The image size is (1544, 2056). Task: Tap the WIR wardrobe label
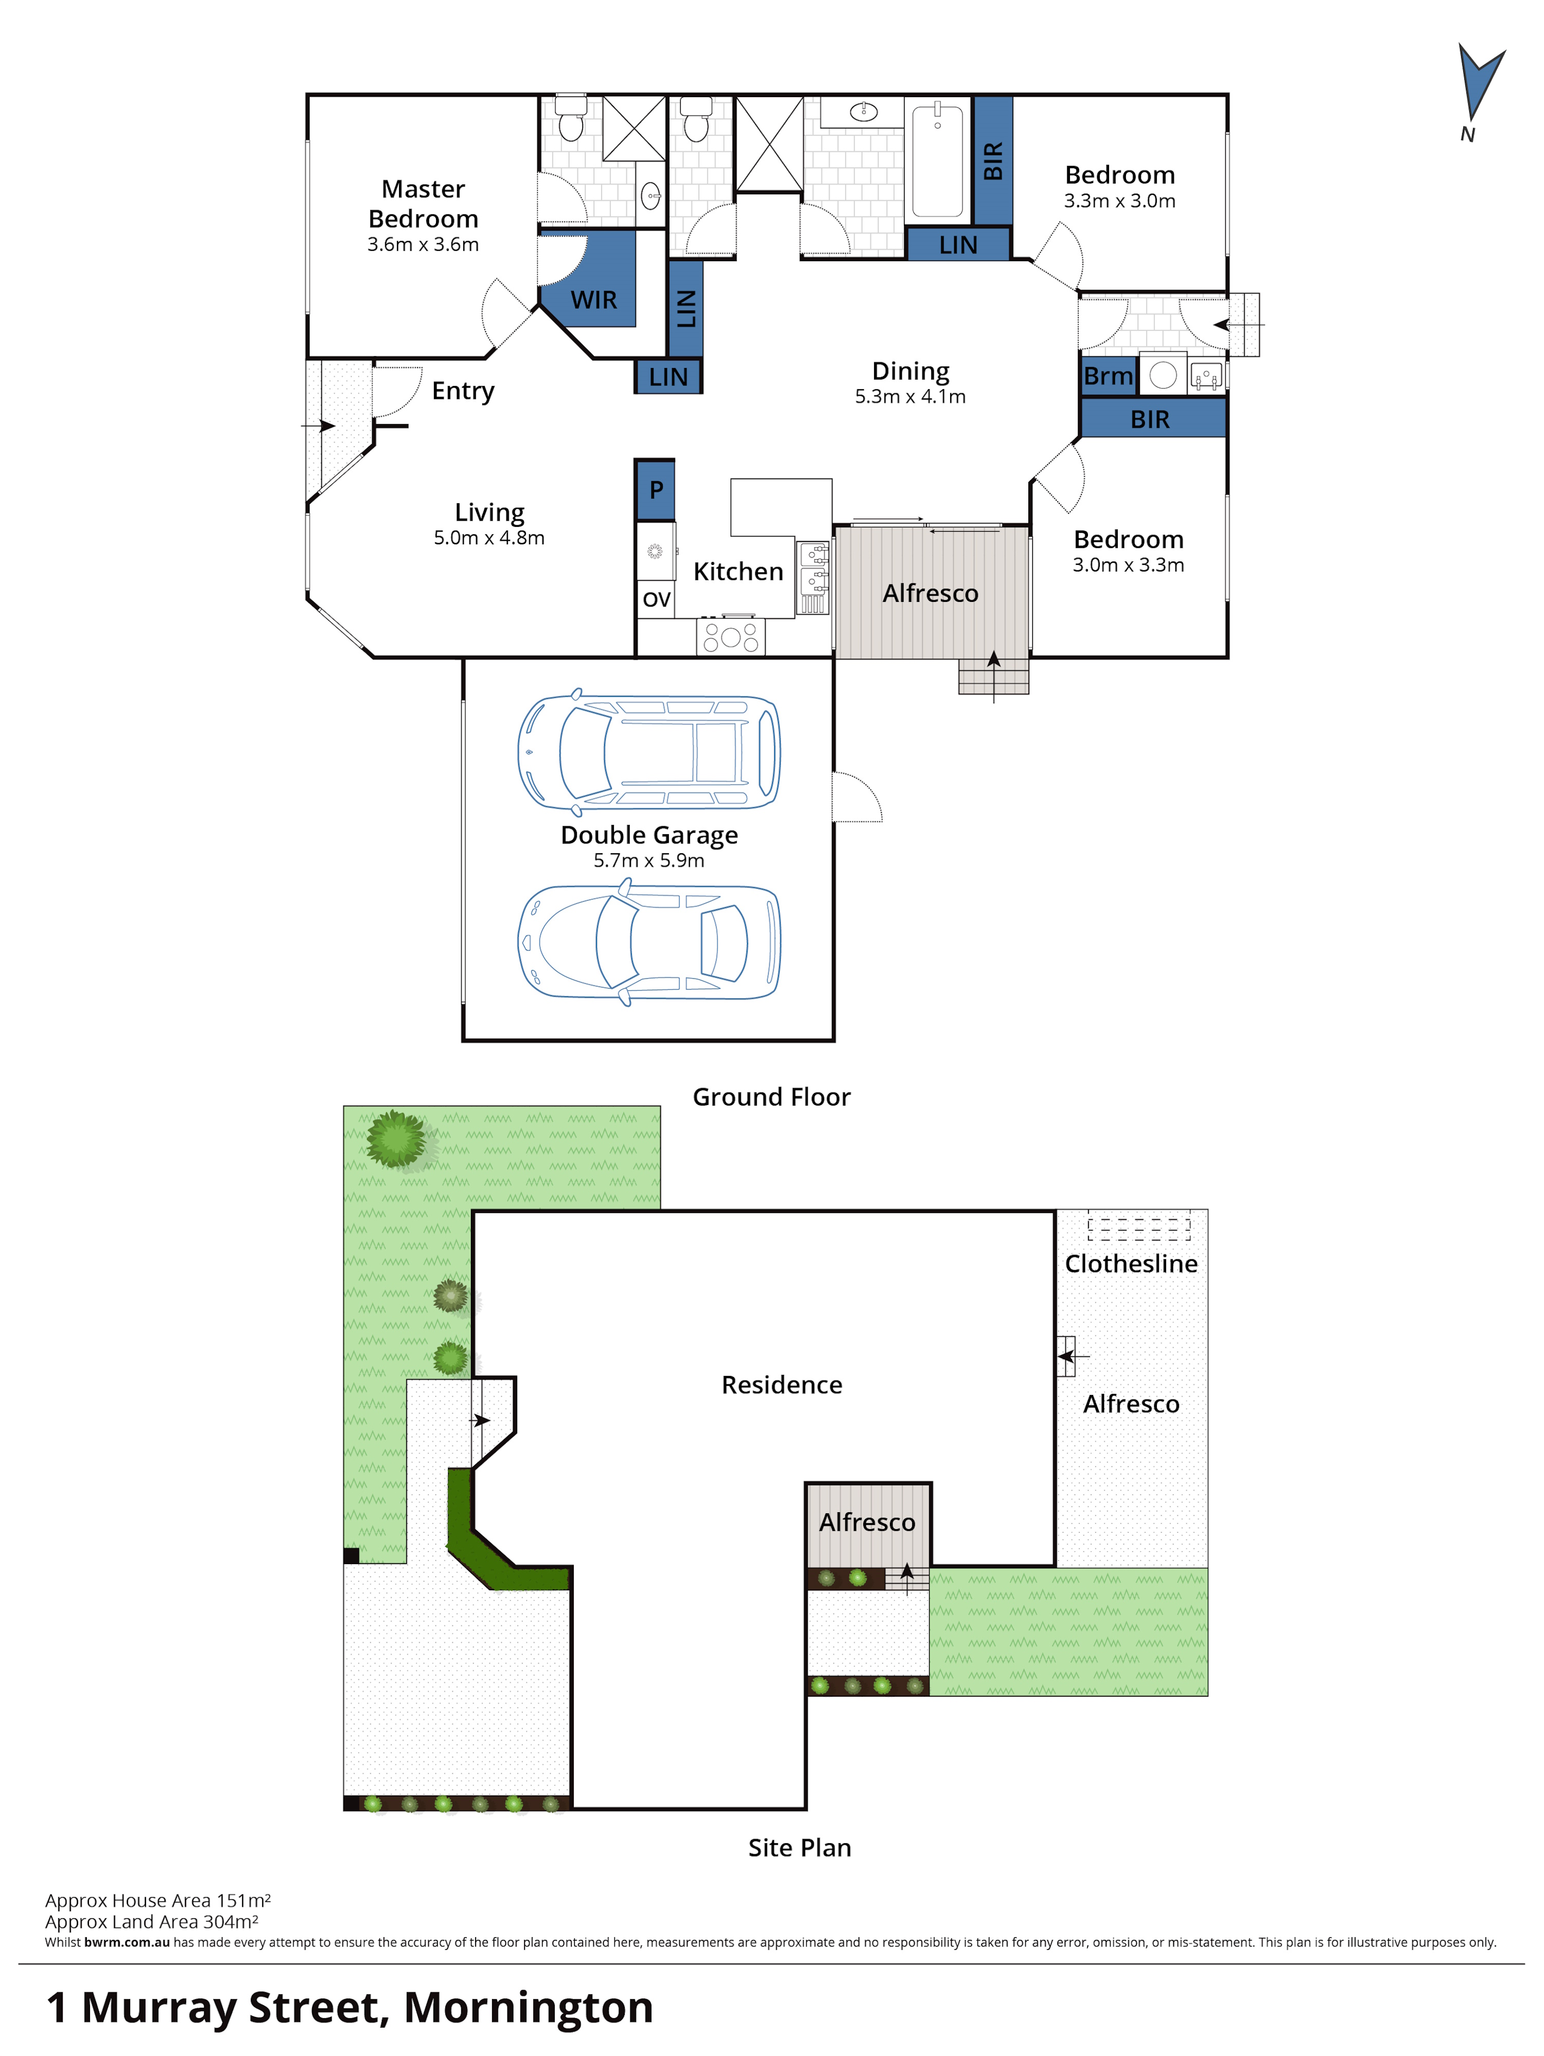point(593,299)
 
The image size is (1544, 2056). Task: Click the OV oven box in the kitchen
point(656,599)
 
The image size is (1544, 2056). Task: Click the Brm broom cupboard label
point(1108,376)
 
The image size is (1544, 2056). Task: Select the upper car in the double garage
point(649,751)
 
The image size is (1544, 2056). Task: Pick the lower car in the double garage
point(649,943)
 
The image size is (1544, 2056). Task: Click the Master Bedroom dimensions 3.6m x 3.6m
point(423,245)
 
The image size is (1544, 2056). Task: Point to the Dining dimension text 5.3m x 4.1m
point(910,397)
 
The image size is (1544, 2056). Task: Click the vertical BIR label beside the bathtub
point(993,161)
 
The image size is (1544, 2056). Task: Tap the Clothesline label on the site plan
point(1130,1264)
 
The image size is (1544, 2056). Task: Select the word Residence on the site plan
point(781,1385)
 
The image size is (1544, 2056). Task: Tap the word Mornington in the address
point(528,2008)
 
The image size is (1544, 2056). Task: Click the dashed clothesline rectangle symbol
point(1139,1229)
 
